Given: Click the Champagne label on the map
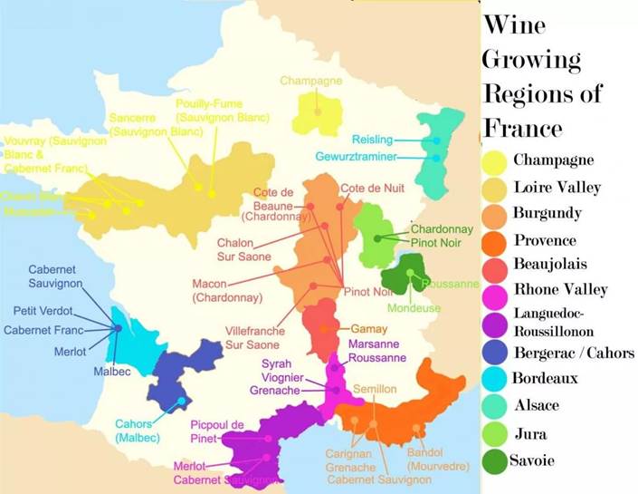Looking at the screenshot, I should (310, 82).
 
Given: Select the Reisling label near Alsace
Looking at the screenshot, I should (372, 140).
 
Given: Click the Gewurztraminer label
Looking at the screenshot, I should (356, 157).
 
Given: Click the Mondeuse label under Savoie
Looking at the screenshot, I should (414, 308).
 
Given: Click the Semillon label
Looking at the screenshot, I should (375, 389).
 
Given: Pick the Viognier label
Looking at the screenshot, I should (281, 377).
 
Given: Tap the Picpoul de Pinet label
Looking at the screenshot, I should (217, 431).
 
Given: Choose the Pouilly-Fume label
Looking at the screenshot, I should (223, 111).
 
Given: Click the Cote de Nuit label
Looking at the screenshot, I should (372, 188).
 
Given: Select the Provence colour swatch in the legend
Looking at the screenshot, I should (495, 242).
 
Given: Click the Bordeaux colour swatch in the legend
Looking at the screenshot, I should (495, 378).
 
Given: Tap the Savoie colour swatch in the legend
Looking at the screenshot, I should (494, 461).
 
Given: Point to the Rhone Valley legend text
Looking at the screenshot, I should (560, 290).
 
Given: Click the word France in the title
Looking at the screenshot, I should (523, 127).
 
